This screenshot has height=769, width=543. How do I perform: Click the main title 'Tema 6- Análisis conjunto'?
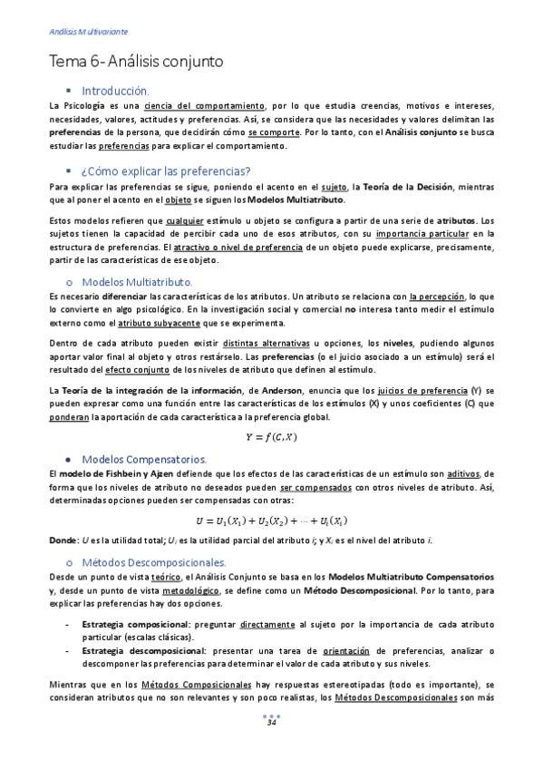(136, 62)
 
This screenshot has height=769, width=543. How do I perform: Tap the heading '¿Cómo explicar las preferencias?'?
(166, 170)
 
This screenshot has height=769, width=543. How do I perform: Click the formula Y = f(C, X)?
(271, 437)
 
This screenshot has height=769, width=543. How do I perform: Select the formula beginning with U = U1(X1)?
(272, 521)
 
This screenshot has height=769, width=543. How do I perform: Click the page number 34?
(271, 722)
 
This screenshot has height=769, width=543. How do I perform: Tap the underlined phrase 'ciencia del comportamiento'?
(210, 106)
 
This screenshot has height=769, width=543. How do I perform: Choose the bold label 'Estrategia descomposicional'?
(143, 650)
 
